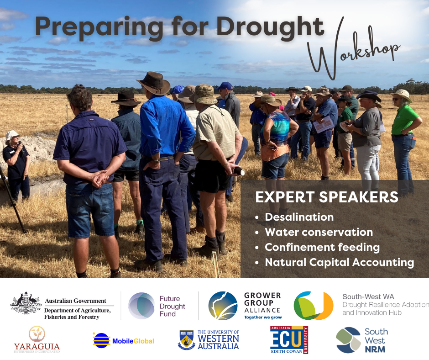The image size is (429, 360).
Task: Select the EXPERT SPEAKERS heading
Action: coord(326,197)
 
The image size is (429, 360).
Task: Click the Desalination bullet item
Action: coord(299,217)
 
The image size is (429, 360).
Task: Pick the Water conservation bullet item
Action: coord(319,232)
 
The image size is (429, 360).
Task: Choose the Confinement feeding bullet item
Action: coord(322,247)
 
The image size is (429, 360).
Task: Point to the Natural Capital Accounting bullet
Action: coord(339,262)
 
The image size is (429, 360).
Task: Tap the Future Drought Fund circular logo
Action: coord(141,306)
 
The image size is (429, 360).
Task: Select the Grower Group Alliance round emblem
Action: coord(223,306)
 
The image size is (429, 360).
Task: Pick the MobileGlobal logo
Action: coord(124,340)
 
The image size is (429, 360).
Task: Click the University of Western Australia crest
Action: coord(187,340)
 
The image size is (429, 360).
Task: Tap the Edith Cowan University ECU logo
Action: coord(289,340)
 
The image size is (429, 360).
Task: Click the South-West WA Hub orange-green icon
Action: coord(314,306)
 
